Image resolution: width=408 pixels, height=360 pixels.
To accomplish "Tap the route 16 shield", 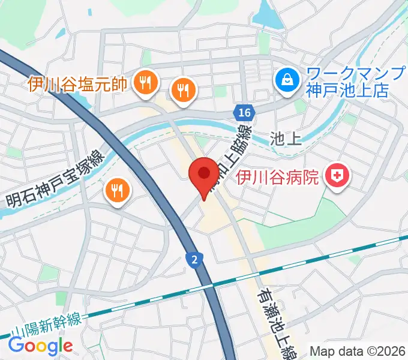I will point(243,113).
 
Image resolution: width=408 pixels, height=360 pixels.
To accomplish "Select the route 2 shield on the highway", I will point(194,259).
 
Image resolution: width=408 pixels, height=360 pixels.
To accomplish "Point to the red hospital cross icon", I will point(337,176).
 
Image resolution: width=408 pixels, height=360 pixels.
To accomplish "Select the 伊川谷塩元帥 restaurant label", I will point(77,83).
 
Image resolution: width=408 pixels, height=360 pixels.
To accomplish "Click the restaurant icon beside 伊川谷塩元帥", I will point(145,83).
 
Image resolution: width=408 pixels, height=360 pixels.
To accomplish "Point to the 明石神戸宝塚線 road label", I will point(55,180).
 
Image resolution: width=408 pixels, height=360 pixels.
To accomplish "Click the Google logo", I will point(40,346).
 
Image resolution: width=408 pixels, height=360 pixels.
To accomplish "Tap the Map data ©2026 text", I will point(358,351).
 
